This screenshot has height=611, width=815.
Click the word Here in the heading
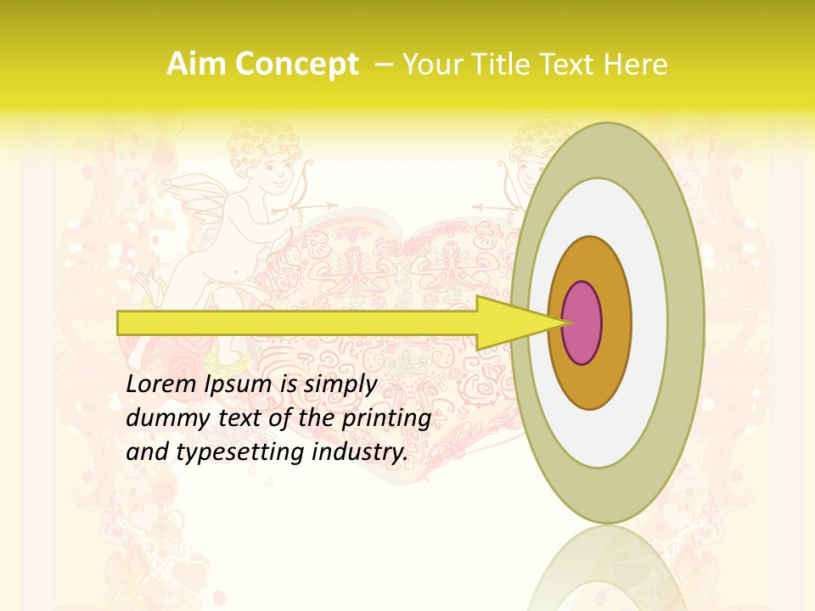click(x=636, y=64)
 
